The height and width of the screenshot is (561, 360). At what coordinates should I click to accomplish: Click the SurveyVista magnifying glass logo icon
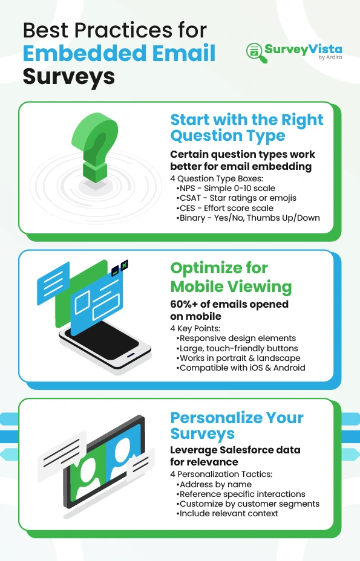[x=257, y=53]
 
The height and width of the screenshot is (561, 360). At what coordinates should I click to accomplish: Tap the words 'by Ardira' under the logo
[x=330, y=57]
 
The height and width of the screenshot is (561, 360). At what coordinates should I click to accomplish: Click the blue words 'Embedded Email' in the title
[x=119, y=53]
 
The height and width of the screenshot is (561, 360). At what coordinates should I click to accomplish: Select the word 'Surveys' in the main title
[x=69, y=76]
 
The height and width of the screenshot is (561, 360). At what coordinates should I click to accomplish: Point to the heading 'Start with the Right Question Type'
[x=247, y=128]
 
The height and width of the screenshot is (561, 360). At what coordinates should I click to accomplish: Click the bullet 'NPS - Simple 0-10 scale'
[x=226, y=188]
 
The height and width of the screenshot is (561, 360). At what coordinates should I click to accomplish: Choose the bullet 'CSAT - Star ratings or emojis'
[x=236, y=198]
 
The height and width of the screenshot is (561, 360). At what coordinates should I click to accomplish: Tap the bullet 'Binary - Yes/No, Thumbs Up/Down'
[x=248, y=218]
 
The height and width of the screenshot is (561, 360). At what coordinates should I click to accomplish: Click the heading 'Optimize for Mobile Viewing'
[x=231, y=277]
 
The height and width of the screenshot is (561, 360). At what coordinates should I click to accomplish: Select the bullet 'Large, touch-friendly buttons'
[x=237, y=348]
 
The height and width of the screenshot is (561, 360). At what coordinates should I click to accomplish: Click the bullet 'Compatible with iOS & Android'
[x=240, y=368]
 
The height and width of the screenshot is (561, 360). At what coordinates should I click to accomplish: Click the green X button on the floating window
[x=124, y=265]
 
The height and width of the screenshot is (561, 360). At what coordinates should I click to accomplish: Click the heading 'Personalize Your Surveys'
[x=237, y=426]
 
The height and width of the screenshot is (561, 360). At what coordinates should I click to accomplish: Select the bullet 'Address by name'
[x=214, y=484]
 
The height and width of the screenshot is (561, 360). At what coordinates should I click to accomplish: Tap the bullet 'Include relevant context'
[x=227, y=513]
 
